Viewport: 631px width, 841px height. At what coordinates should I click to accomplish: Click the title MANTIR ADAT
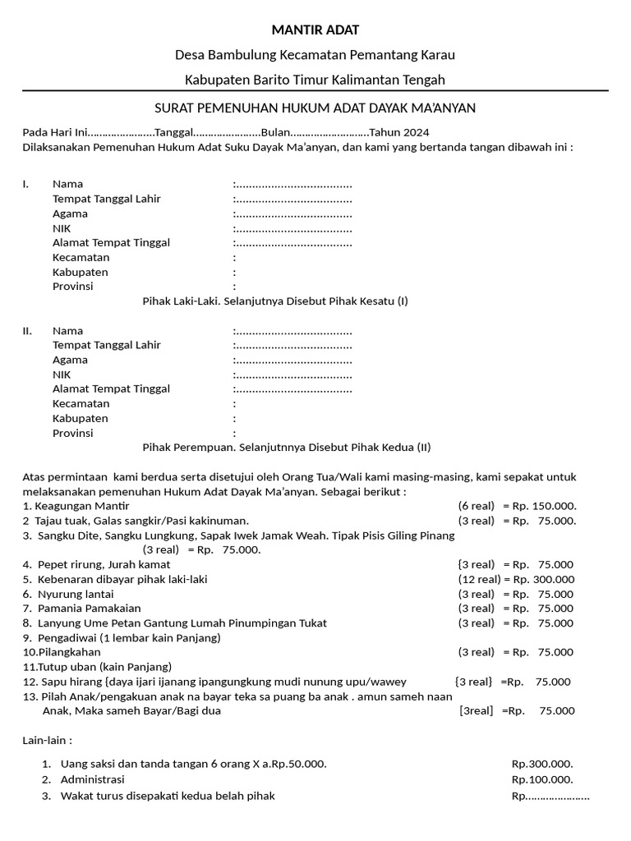coord(315,30)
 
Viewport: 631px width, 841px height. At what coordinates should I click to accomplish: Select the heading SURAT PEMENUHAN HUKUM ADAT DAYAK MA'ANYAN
coord(315,108)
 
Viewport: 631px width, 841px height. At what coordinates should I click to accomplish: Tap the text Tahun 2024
coord(399,133)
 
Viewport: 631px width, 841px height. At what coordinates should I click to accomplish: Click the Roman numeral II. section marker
coord(27,330)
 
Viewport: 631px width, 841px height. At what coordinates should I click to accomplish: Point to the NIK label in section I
coord(62,228)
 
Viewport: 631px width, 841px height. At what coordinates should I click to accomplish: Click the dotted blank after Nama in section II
coord(293,331)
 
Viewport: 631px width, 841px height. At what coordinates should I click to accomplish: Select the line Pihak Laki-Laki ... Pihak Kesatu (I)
coord(275,301)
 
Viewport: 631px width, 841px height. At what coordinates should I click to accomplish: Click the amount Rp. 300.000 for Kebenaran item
coord(543,579)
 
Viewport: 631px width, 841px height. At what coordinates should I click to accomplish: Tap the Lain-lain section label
coord(47,740)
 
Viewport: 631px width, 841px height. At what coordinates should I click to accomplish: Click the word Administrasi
coord(92,779)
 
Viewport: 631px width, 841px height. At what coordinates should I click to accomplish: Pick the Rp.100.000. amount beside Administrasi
coord(542,779)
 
